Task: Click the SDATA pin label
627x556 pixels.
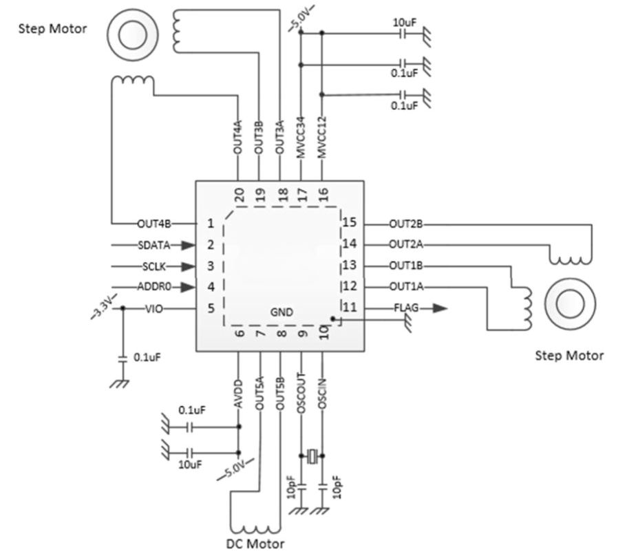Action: pos(154,245)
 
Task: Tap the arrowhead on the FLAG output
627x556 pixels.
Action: pos(440,308)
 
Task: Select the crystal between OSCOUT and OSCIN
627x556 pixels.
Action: pos(312,456)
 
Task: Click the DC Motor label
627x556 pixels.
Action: pos(255,544)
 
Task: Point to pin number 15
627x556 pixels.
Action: pos(349,222)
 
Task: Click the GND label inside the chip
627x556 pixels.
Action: pos(281,312)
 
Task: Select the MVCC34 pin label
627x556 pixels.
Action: pos(301,137)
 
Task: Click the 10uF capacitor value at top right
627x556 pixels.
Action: pos(405,23)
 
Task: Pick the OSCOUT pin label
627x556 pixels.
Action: pos(301,393)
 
